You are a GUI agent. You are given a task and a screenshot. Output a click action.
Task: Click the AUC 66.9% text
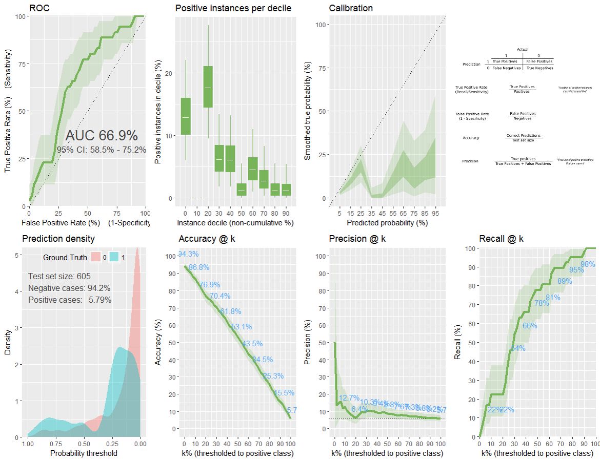pos(102,136)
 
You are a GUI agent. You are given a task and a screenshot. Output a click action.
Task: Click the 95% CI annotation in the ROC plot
pos(102,150)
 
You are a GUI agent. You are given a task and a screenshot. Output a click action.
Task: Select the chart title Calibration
pos(351,8)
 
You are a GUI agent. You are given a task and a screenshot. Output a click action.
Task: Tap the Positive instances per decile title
pos(233,8)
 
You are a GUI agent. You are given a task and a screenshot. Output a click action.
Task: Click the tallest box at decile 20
pos(208,87)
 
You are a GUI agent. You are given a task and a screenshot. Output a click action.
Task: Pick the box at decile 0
pos(186,116)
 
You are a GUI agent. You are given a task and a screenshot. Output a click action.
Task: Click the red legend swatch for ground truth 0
pos(96,257)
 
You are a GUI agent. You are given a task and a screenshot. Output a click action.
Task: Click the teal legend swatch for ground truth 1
pos(115,257)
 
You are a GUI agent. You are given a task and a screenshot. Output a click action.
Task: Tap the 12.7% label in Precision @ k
pos(349,398)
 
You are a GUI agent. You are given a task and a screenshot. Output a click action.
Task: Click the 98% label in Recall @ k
pos(588,264)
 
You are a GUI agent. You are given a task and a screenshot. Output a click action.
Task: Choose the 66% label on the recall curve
pos(530,326)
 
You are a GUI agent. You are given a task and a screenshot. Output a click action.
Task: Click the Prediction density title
pos(58,239)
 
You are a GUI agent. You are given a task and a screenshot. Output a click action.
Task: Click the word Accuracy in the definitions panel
pos(471,138)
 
